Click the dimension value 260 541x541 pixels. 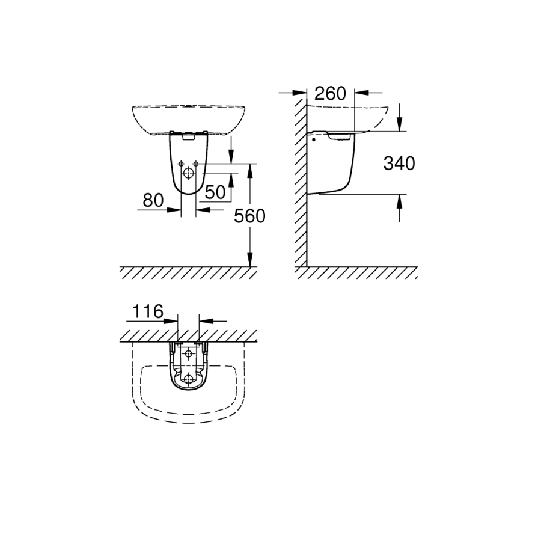330,94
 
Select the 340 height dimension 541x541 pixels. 399,163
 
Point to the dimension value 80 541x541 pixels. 154,200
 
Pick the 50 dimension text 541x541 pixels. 215,192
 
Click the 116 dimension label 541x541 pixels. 147,311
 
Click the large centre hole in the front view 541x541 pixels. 189,174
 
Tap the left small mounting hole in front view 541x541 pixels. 181,164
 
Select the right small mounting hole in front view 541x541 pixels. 197,164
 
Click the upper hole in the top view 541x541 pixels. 189,353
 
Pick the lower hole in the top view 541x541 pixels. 189,379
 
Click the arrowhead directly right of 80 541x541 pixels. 202,209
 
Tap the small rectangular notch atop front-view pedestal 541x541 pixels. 189,137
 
